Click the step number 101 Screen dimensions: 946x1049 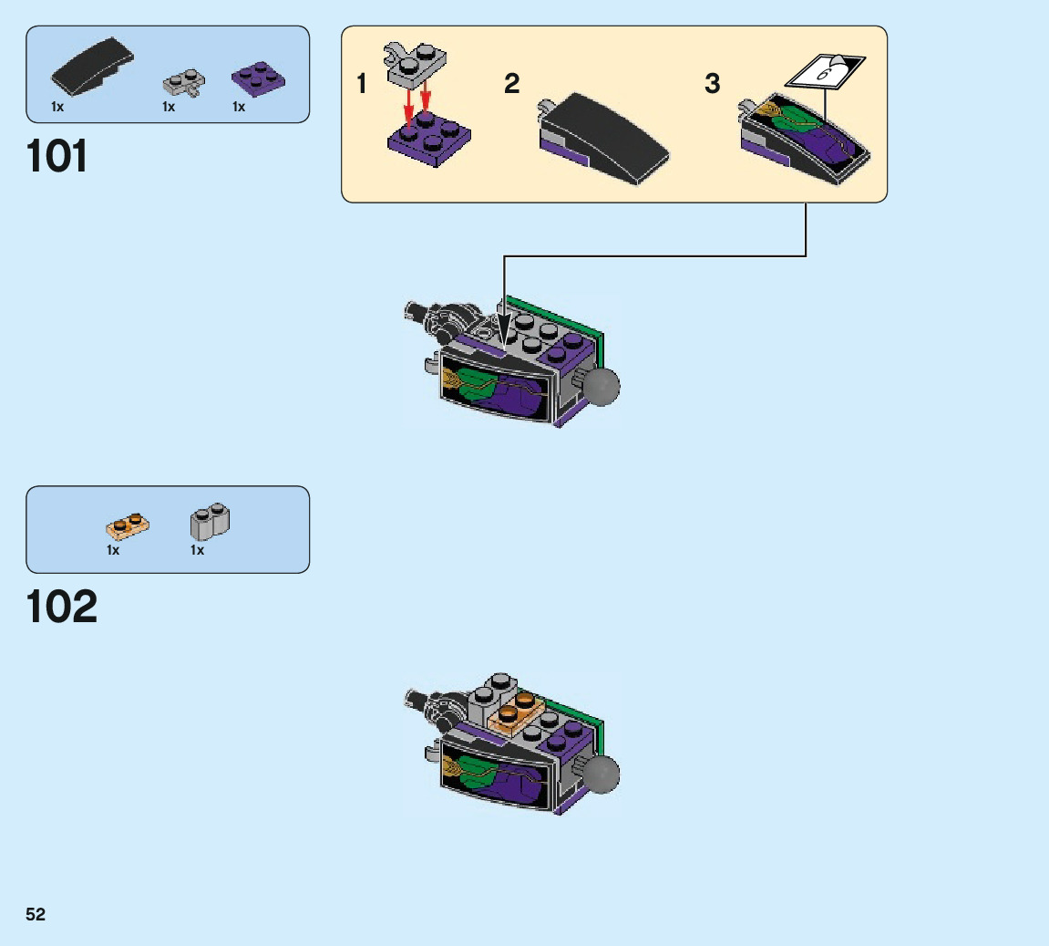[58, 157]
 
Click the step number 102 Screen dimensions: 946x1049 [62, 608]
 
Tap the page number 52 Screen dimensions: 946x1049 [36, 915]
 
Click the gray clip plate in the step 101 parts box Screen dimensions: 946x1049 [183, 83]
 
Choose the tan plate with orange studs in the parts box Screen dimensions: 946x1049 [128, 525]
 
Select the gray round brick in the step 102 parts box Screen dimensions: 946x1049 [210, 521]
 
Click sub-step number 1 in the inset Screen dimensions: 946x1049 [362, 85]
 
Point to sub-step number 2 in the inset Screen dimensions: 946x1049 [511, 84]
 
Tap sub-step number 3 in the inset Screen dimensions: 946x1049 [713, 84]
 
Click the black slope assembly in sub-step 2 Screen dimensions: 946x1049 [601, 136]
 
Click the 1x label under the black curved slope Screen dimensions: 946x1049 [57, 107]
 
